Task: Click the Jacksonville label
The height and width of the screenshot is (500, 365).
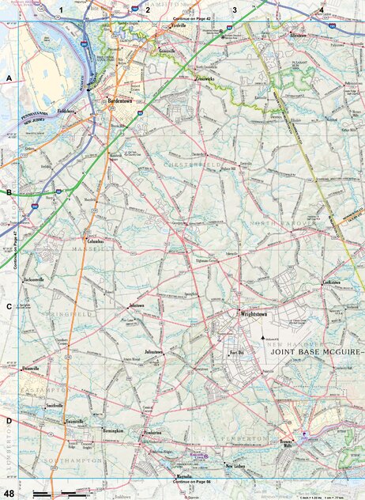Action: coord(35,280)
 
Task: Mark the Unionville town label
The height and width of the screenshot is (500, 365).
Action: coord(31,369)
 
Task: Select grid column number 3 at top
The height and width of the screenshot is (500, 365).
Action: coord(234,10)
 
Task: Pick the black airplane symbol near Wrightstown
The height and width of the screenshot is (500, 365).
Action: coord(263,338)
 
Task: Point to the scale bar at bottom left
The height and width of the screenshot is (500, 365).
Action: coord(59,493)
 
